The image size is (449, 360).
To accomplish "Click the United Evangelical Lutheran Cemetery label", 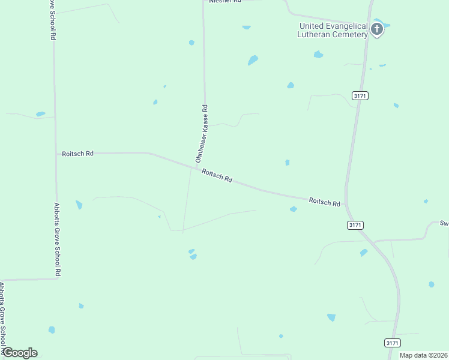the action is click(x=333, y=31).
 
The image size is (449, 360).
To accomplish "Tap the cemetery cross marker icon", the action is click(x=377, y=29).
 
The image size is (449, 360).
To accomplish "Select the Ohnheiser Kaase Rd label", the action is click(x=201, y=134).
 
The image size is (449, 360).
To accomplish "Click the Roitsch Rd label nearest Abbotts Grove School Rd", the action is click(x=78, y=154).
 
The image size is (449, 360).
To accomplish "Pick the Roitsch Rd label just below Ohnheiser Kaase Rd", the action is click(x=217, y=176).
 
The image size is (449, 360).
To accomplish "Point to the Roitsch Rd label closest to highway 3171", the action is click(x=325, y=202).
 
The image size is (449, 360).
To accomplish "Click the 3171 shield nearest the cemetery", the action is click(x=360, y=95).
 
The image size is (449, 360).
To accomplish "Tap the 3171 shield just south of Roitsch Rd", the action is click(x=355, y=224).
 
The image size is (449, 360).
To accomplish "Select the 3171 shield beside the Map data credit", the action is click(x=392, y=343).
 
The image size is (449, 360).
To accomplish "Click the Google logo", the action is click(x=20, y=353).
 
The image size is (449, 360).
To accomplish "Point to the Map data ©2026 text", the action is click(x=423, y=355).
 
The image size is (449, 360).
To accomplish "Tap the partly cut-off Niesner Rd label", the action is click(x=224, y=2).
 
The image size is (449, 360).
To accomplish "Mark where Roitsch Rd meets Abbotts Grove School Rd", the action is click(x=56, y=154).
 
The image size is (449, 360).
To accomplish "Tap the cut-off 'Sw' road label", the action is click(x=444, y=223).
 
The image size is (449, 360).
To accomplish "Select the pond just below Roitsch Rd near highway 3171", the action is click(x=293, y=209).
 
